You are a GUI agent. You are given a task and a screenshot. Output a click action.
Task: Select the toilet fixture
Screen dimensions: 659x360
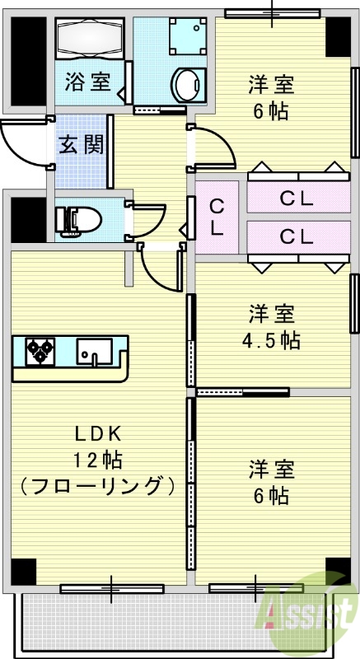point(79,220)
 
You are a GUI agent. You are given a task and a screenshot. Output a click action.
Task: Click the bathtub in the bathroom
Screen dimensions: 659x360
point(89,36)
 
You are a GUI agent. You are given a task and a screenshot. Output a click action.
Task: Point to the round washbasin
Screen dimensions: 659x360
point(187,84)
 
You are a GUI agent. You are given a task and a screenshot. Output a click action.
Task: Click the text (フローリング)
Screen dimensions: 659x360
point(98,484)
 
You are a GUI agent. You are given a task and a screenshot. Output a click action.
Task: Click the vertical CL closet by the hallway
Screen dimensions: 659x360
point(217,218)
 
